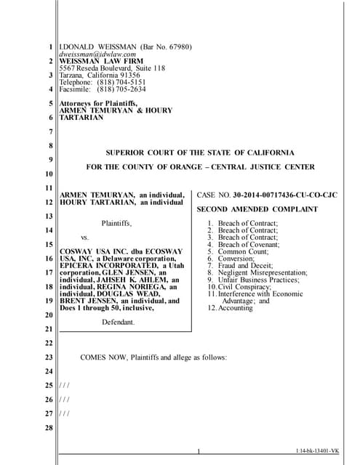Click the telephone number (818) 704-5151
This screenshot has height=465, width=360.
(x=121, y=82)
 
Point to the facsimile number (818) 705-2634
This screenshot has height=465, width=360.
(x=121, y=89)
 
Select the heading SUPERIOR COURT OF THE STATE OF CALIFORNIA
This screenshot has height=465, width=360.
(x=200, y=153)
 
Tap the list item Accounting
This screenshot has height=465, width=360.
(x=236, y=308)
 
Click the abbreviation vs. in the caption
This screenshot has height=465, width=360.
(x=84, y=237)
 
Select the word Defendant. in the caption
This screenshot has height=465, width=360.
(x=118, y=322)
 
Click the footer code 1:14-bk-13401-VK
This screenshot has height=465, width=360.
(x=319, y=452)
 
